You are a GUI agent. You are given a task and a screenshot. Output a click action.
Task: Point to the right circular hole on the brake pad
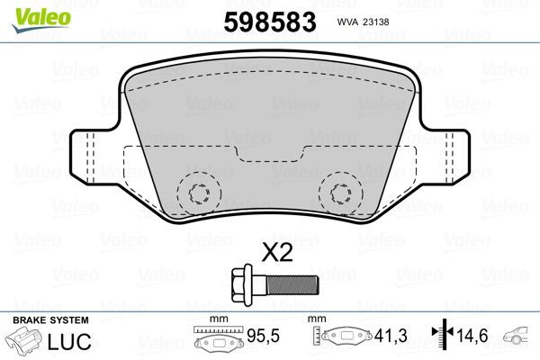(x=340, y=193)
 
